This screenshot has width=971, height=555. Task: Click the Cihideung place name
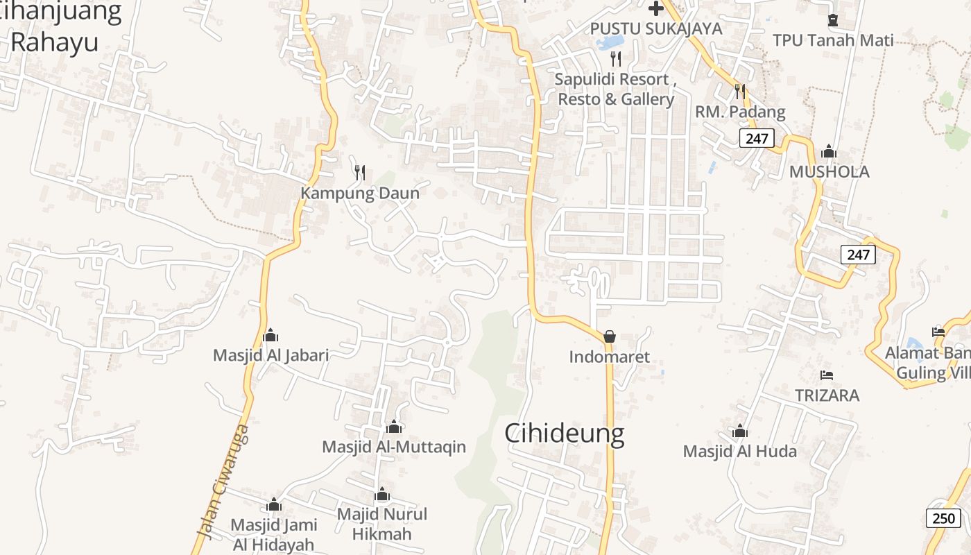[x=564, y=434]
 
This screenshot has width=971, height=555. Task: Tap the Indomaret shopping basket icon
[x=610, y=336]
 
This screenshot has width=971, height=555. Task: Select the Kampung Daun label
[x=360, y=193]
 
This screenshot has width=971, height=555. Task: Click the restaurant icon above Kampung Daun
[x=360, y=172]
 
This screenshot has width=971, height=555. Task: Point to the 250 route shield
[x=943, y=518]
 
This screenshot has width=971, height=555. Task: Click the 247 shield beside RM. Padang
[x=756, y=138]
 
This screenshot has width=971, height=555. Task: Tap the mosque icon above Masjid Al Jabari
[x=270, y=336]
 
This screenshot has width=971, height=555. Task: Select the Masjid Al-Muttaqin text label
[x=394, y=447]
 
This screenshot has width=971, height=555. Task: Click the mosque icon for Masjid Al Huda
[x=740, y=432]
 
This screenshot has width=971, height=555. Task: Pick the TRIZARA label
[x=827, y=395]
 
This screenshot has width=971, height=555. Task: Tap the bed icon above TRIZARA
[x=826, y=375]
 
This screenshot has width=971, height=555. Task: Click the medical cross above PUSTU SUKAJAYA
[x=655, y=8]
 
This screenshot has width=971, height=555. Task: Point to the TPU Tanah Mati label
[x=833, y=40]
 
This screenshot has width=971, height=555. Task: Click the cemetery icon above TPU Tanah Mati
[x=833, y=19]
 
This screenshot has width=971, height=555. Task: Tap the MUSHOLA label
[x=828, y=171]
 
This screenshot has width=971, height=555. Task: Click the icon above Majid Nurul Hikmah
[x=382, y=495]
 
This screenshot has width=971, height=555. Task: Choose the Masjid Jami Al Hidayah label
[x=273, y=534]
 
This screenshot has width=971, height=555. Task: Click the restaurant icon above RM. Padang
[x=740, y=91]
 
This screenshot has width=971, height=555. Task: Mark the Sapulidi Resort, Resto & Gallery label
[x=615, y=89]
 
